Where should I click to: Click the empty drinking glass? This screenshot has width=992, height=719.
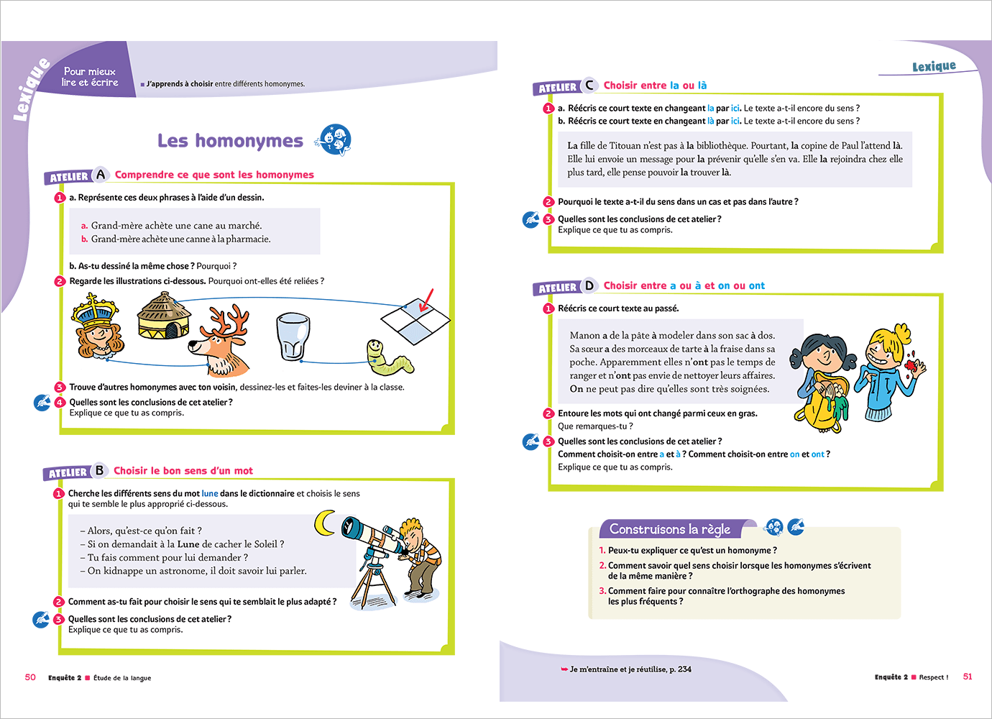[293, 336]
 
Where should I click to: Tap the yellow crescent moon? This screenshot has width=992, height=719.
[326, 523]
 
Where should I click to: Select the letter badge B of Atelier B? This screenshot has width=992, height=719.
[99, 471]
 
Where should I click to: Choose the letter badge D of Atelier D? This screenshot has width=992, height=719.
[589, 285]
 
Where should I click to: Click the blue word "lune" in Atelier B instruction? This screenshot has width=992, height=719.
[210, 494]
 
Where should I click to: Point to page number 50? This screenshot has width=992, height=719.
[30, 677]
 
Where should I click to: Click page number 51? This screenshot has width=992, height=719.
[968, 677]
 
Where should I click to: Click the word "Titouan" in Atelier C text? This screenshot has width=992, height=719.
[626, 146]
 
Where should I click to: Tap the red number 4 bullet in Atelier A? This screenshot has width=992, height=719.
[60, 403]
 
